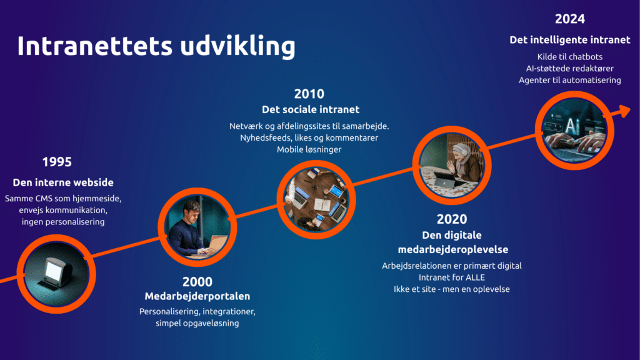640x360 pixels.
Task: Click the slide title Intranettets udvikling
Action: [x=156, y=46]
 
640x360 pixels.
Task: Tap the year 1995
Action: [x=57, y=162]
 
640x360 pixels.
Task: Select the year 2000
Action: [x=197, y=282]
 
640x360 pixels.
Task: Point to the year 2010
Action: [x=309, y=94]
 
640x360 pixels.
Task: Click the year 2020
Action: [x=452, y=219]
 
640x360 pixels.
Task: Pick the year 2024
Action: [x=570, y=19]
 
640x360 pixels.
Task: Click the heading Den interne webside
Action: [x=63, y=182]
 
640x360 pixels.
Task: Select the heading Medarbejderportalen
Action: [x=197, y=296]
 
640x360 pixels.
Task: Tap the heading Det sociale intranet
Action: [x=311, y=109]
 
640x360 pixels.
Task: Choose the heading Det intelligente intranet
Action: [x=570, y=40]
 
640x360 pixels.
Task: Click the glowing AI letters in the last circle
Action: [x=572, y=126]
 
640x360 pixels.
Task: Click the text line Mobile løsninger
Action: [x=309, y=149]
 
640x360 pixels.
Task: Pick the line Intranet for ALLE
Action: [x=452, y=277]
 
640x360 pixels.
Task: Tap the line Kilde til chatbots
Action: [x=570, y=57]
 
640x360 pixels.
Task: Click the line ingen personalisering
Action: [x=63, y=222]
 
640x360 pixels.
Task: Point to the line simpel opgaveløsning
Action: [x=197, y=323]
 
